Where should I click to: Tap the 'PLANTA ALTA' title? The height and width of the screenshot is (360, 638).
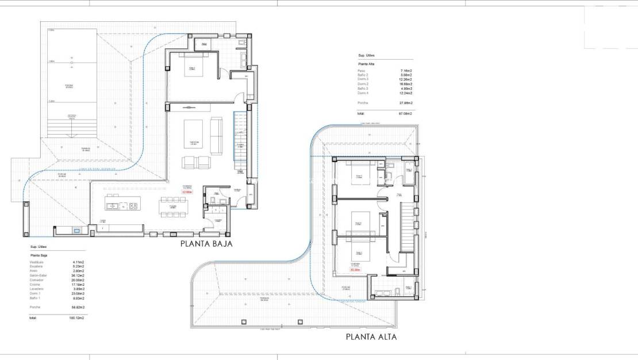(x=371, y=337)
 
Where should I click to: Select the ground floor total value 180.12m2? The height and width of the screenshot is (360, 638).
(x=77, y=317)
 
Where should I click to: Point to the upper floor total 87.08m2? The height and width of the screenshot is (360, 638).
(x=406, y=114)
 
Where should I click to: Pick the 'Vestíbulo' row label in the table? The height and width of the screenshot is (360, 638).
(x=37, y=262)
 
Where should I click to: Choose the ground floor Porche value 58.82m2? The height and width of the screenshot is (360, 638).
(x=77, y=308)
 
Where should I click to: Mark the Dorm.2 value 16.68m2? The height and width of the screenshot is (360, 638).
(x=406, y=83)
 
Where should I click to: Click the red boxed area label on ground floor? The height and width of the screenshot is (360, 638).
(x=188, y=192)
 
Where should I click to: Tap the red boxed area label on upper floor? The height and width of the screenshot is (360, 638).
(x=355, y=269)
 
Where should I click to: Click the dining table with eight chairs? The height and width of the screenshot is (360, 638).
(x=174, y=208)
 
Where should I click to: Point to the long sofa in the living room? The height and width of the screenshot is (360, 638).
(x=216, y=136)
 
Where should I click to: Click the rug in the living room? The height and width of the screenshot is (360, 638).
(x=193, y=136)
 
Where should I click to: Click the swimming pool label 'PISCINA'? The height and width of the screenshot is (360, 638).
(x=69, y=86)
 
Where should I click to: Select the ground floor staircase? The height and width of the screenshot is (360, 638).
(x=240, y=141)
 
